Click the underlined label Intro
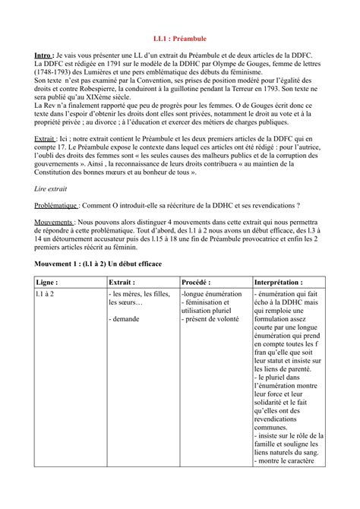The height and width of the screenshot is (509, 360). tap(44, 56)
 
